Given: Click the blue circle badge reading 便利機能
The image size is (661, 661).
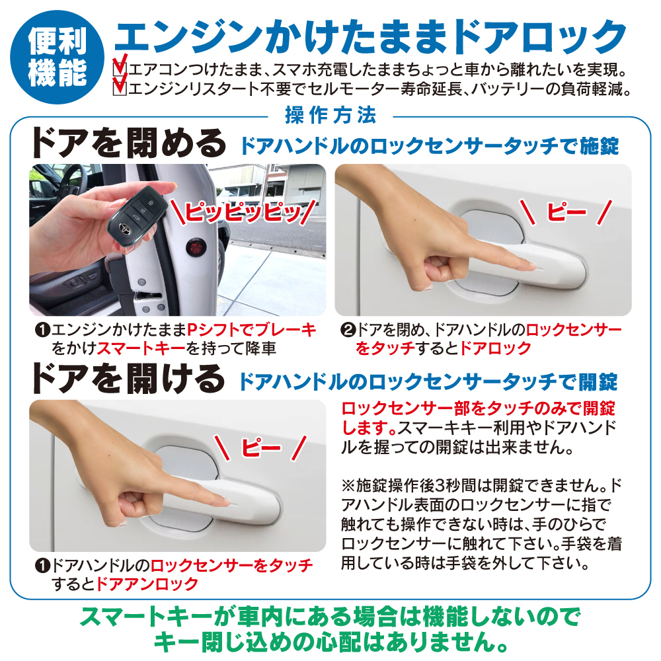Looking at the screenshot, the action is click(x=57, y=57).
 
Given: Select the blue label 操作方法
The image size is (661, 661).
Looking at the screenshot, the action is click(x=330, y=115).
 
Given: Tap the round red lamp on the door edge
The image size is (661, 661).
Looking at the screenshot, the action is click(x=196, y=245).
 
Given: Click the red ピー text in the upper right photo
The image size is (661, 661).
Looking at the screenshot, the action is click(x=566, y=212).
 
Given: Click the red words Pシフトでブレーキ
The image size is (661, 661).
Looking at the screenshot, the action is click(x=251, y=330).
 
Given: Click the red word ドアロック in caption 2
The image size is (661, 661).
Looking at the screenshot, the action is click(x=495, y=348).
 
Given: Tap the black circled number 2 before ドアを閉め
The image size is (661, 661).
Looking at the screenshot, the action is click(x=348, y=330).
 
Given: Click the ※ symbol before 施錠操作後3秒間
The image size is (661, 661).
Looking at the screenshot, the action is click(x=348, y=486).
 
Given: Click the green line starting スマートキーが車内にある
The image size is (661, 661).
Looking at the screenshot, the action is click(x=330, y=617).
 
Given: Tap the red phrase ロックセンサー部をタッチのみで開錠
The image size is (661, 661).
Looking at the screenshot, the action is click(x=478, y=408).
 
